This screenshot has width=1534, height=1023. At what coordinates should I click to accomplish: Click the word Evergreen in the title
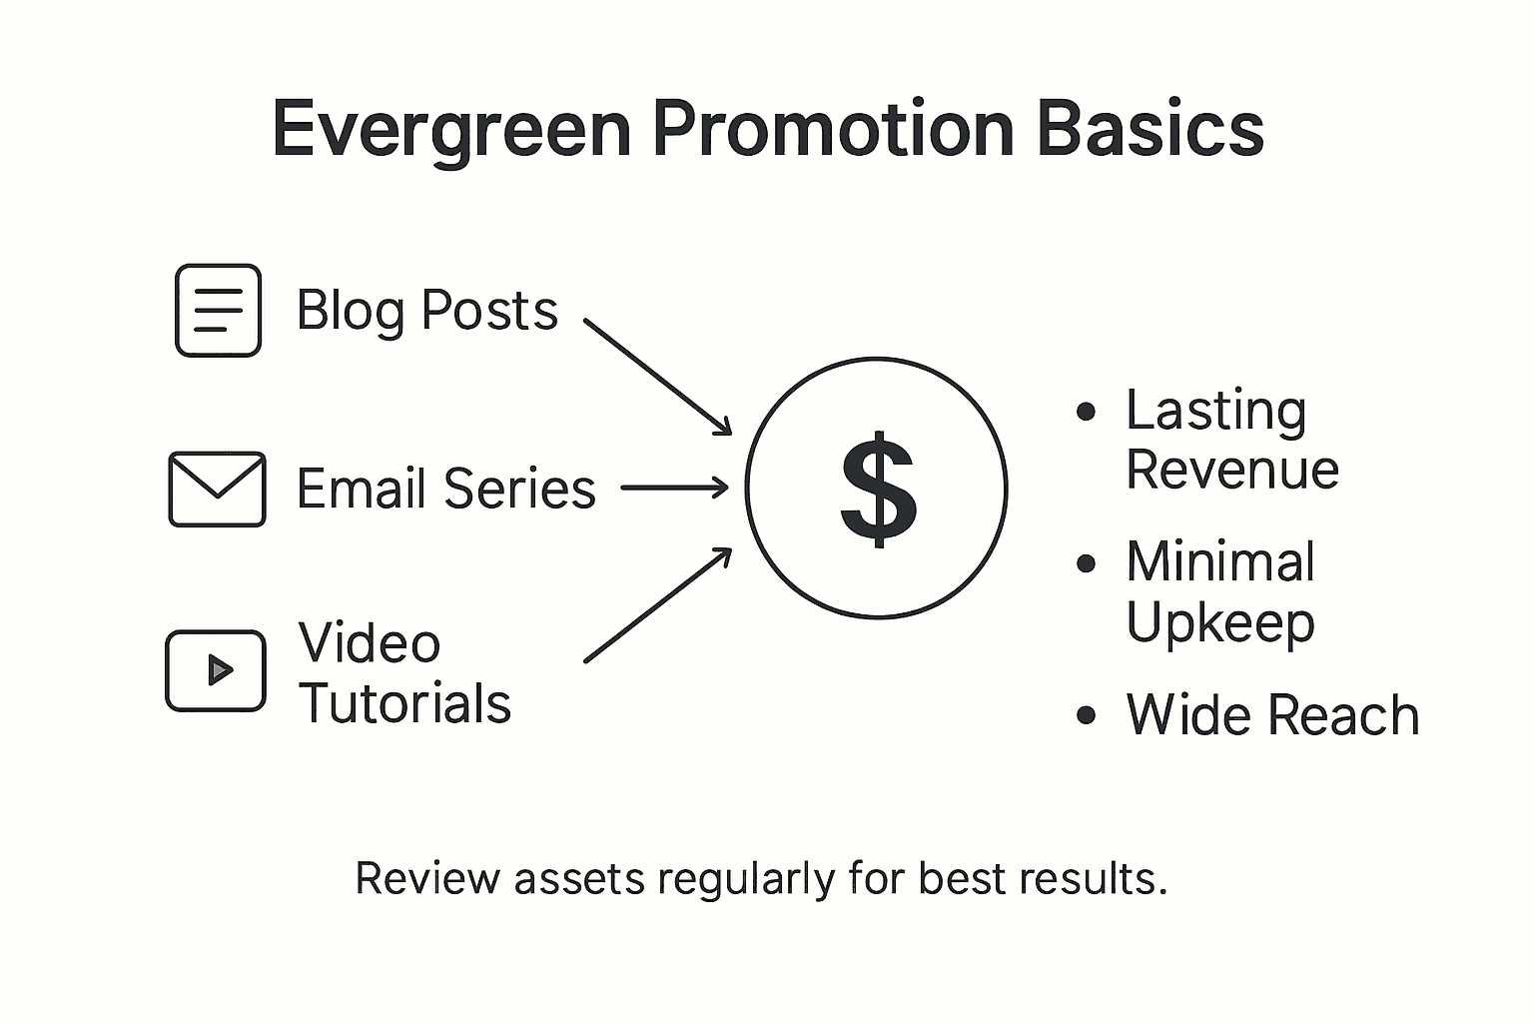451,130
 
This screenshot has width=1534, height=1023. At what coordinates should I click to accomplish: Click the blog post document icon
218,311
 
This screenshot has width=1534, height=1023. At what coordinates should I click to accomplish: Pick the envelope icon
217,489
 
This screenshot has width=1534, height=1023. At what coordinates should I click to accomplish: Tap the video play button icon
216,670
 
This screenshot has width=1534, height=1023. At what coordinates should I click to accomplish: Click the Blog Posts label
426,311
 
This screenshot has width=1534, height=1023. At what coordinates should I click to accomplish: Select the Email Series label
445,489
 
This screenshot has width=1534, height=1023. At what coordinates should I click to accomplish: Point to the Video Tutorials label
404,672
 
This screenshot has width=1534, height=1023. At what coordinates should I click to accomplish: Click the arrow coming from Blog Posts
658,378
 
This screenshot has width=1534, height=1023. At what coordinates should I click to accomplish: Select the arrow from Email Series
675,489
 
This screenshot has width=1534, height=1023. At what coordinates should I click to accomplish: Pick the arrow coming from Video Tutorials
658,604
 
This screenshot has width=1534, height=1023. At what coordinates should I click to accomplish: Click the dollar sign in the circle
877,489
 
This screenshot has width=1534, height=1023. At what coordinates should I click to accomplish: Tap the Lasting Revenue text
1230,440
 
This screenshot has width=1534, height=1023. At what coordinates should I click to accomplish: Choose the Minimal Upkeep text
1219,591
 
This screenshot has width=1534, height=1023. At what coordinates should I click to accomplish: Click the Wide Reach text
1271,715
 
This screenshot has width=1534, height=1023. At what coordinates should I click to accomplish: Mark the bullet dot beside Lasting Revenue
1087,412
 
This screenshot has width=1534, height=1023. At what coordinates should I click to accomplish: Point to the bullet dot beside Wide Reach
1087,716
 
